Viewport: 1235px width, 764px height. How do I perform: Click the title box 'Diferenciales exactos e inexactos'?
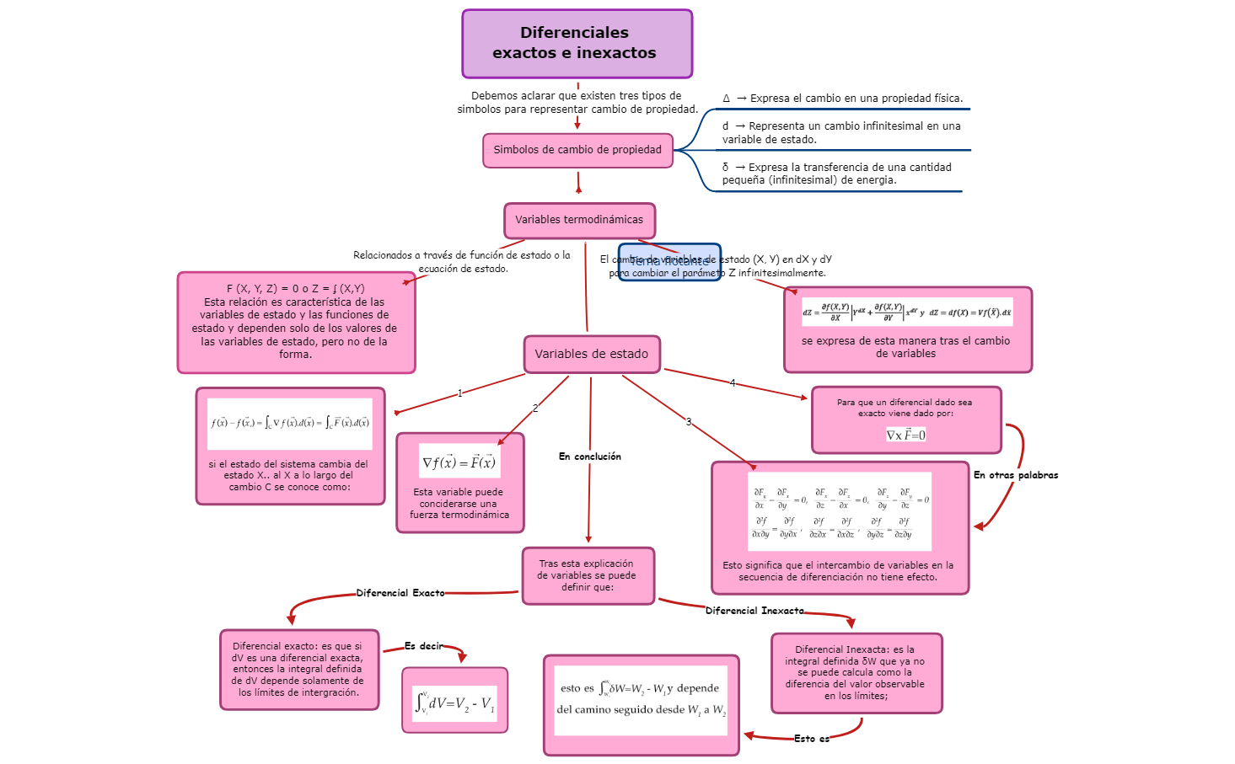pyautogui.click(x=577, y=44)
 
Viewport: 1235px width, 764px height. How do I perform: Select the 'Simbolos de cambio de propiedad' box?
pyautogui.click(x=577, y=150)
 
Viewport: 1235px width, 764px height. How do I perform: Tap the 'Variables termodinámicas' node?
pyautogui.click(x=579, y=220)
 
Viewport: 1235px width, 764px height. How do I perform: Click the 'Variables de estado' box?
pyautogui.click(x=591, y=355)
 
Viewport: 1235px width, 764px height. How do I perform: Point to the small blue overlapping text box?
pyautogui.click(x=670, y=263)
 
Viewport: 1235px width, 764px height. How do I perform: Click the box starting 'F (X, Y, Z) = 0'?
pyautogui.click(x=295, y=322)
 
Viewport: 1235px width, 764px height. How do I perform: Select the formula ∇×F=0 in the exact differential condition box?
pyautogui.click(x=905, y=435)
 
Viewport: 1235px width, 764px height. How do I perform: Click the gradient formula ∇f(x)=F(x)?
pyautogui.click(x=459, y=462)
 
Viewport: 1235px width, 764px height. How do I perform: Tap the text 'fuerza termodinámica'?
pyautogui.click(x=459, y=515)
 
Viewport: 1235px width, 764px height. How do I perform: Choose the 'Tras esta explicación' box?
pyautogui.click(x=588, y=576)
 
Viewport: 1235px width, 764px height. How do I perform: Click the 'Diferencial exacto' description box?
pyautogui.click(x=298, y=670)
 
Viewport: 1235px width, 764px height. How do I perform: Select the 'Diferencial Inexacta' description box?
pyautogui.click(x=856, y=673)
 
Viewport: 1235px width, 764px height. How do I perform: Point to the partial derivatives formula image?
pyautogui.click(x=840, y=511)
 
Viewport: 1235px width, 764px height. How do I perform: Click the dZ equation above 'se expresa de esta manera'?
pyautogui.click(x=906, y=312)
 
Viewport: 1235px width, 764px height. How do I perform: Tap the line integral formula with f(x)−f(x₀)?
pyautogui.click(x=289, y=423)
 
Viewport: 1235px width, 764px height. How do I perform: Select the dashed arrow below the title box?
pyautogui.click(x=577, y=105)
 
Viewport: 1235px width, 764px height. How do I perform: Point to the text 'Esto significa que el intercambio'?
pyautogui.click(x=838, y=571)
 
